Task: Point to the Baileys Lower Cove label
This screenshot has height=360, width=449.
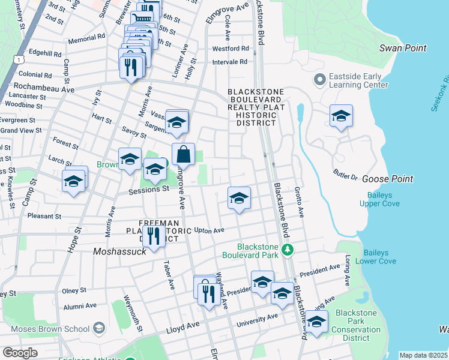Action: pyautogui.click(x=376, y=257)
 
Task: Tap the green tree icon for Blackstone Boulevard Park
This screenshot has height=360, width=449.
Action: pyautogui.click(x=289, y=250)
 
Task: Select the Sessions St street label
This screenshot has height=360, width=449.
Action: pyautogui.click(x=149, y=190)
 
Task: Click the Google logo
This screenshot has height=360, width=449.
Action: pyautogui.click(x=20, y=353)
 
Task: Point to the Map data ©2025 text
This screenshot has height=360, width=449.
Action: pyautogui.click(x=423, y=355)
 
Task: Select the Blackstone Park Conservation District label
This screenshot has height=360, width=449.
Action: pyautogui.click(x=356, y=325)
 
